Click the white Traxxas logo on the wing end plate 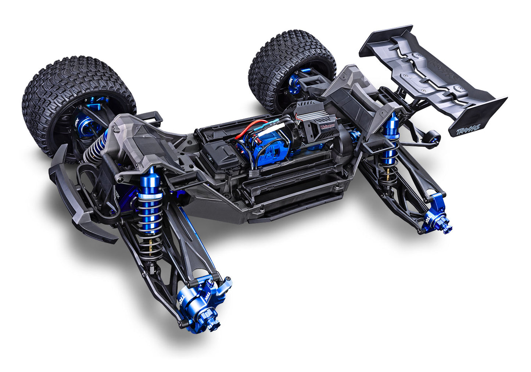[469, 128]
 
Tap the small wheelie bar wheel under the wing [434, 137]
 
